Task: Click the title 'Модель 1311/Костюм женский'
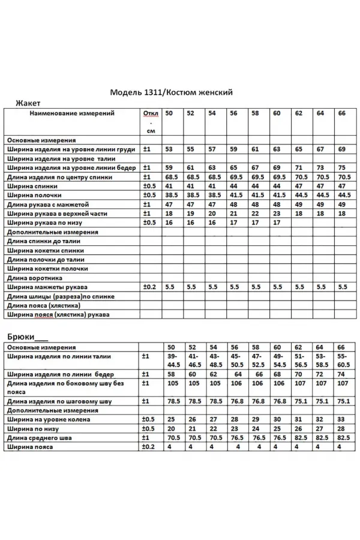[x=171, y=92]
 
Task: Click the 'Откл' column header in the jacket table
[x=149, y=113]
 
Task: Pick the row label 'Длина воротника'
[x=35, y=278]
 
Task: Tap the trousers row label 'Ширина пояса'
[x=30, y=447]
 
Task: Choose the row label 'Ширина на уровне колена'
[x=48, y=419]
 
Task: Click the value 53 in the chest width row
[x=169, y=149]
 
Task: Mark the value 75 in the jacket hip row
[x=342, y=168]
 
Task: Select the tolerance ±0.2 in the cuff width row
[x=149, y=287]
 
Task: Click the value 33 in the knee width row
[x=341, y=419]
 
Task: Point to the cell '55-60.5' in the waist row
[x=343, y=360]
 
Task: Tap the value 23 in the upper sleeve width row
[x=277, y=213]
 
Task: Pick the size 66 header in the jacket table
[x=342, y=113]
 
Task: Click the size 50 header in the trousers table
[x=171, y=347]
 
